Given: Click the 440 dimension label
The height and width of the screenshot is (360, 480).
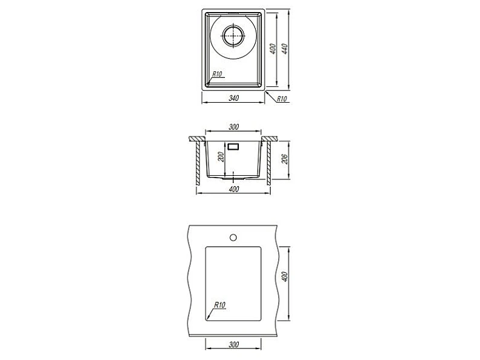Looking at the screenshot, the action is click(x=285, y=49).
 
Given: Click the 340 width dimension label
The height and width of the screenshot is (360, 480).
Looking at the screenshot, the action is click(x=233, y=98).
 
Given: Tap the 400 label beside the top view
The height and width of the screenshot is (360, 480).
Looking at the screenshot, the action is click(x=273, y=49).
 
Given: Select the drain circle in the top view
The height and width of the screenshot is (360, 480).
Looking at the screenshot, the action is click(x=233, y=36).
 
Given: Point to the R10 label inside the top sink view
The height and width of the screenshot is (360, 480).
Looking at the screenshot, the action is click(x=217, y=74).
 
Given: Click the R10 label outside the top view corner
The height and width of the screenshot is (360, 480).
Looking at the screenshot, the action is click(x=282, y=99).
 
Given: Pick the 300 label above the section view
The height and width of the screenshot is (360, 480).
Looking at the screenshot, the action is click(x=233, y=127).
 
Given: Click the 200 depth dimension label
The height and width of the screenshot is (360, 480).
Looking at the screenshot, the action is click(x=222, y=156).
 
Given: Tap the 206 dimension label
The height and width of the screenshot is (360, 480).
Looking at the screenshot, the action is click(x=285, y=159).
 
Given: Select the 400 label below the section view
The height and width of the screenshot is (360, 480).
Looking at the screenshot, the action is click(x=233, y=189).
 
